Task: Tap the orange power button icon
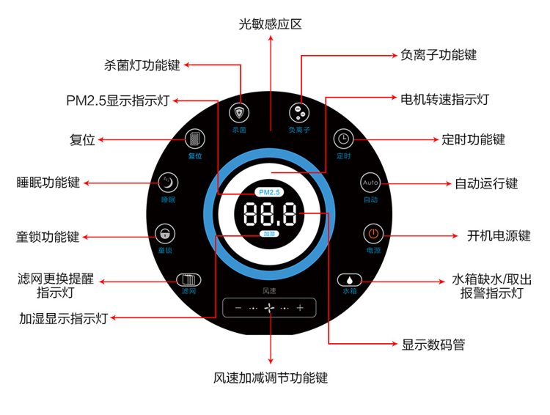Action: coord(373,235)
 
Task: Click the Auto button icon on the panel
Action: coord(370,182)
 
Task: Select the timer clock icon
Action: coord(343,139)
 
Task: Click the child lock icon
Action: coord(165,235)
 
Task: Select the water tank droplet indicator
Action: coord(350,279)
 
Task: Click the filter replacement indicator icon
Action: coord(188,279)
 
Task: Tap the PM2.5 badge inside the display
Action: coord(270,192)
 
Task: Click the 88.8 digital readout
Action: coord(269,215)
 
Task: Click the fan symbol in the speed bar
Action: coord(269,308)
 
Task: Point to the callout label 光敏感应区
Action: coord(270,24)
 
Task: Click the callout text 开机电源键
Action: coord(498,235)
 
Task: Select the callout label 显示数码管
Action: coord(433,344)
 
